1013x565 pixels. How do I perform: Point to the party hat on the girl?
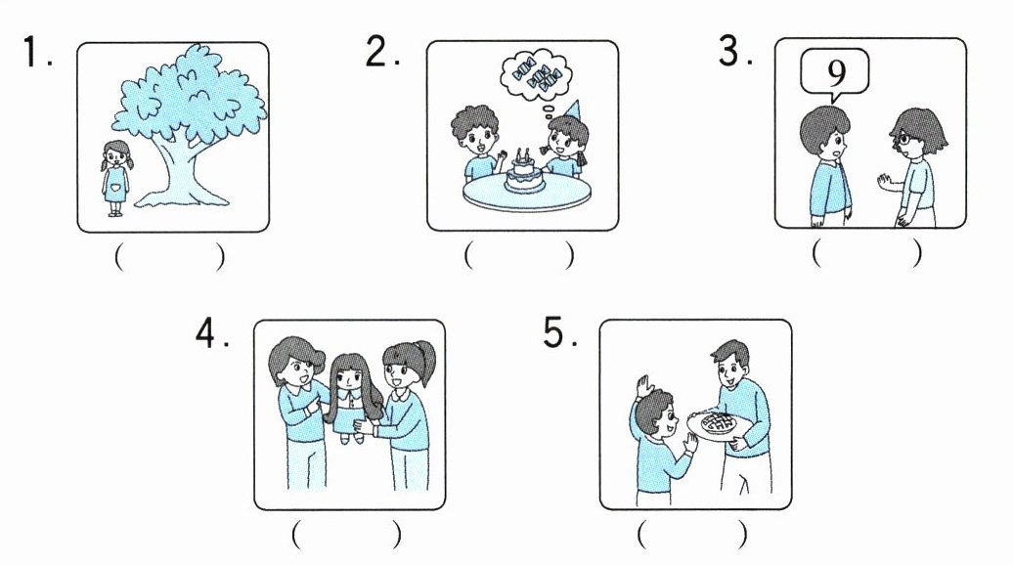(574, 111)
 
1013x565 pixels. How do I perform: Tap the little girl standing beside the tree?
(116, 179)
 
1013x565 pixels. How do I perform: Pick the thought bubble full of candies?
(536, 75)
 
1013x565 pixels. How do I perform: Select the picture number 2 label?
(380, 51)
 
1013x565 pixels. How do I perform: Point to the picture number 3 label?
(734, 51)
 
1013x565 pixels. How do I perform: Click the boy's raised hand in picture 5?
(643, 388)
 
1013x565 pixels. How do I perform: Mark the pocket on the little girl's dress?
(115, 189)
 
